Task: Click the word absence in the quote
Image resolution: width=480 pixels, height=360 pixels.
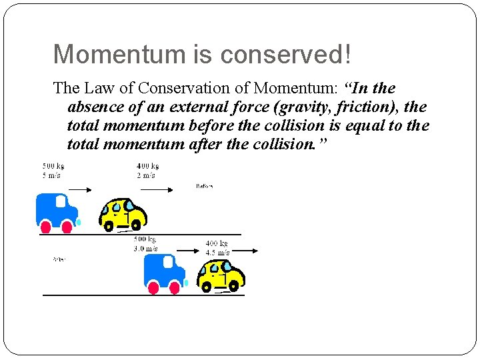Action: point(95,107)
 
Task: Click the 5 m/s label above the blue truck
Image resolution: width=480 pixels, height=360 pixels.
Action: point(51,175)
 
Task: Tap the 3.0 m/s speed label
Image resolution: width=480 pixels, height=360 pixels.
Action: point(145,248)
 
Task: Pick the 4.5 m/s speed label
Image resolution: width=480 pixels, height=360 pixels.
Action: point(217,253)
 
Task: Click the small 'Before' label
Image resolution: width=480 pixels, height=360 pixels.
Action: point(205,186)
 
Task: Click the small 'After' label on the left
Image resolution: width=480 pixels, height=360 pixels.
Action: point(59,258)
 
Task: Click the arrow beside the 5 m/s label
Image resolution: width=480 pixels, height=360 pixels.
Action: point(83,189)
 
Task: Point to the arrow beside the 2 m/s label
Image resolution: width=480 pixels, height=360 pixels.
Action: point(157,189)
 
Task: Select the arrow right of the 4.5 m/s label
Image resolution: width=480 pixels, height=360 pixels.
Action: point(245,250)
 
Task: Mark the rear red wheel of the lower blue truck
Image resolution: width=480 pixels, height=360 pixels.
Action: point(153,288)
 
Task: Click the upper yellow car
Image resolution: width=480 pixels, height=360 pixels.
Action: point(123,212)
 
